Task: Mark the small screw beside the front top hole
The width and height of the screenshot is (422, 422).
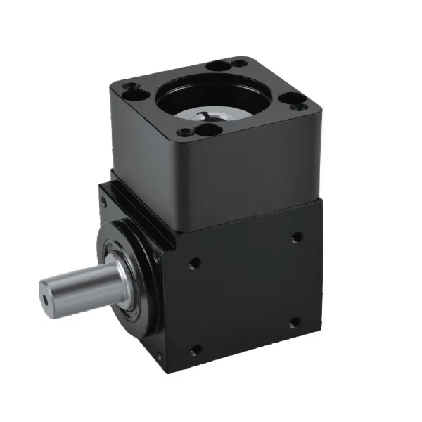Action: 184,132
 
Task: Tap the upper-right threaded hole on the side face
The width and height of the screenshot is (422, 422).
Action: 297,237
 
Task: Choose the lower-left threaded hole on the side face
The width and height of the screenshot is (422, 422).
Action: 195,349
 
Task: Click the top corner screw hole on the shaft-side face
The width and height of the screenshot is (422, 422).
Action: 105,201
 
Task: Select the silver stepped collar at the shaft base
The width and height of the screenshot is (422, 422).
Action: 122,271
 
